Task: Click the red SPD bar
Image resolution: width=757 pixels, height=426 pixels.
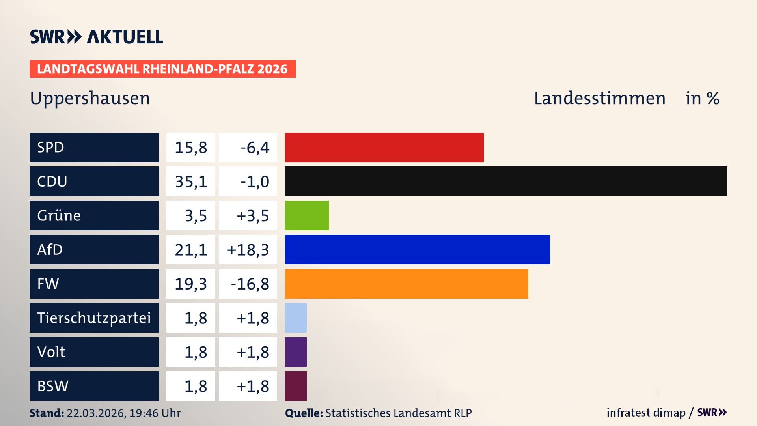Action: tap(384, 147)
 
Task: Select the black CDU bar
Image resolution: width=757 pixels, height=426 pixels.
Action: tap(506, 181)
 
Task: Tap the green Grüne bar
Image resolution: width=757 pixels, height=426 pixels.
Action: tap(306, 215)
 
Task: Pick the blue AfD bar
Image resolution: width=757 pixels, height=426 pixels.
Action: tap(417, 249)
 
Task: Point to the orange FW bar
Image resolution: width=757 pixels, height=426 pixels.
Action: tap(406, 284)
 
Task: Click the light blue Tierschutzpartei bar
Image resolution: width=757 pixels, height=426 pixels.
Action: tap(295, 318)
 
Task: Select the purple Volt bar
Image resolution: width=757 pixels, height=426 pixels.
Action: tap(295, 352)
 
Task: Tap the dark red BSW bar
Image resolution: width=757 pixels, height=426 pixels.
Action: tap(295, 386)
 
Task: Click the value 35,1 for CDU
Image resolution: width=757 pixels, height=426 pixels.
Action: tap(191, 181)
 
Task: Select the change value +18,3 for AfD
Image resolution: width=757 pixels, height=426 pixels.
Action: tap(248, 250)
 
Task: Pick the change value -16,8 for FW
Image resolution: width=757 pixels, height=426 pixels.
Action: tap(250, 284)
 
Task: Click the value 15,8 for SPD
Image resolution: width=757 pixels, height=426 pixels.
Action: tap(191, 148)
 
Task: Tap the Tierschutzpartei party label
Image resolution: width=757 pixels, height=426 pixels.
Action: tap(94, 318)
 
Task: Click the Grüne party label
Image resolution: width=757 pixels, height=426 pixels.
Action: tap(59, 215)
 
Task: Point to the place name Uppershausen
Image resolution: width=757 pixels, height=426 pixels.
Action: tap(90, 98)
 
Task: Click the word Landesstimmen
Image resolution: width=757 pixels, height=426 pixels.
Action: tap(599, 98)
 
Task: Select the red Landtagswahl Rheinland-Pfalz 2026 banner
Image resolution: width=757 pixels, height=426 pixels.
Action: tap(162, 69)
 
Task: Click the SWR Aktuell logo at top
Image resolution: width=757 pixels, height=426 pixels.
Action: tap(97, 37)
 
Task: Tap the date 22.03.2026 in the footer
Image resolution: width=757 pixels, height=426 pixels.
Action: tap(96, 413)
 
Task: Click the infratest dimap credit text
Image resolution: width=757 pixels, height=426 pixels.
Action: tap(646, 413)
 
